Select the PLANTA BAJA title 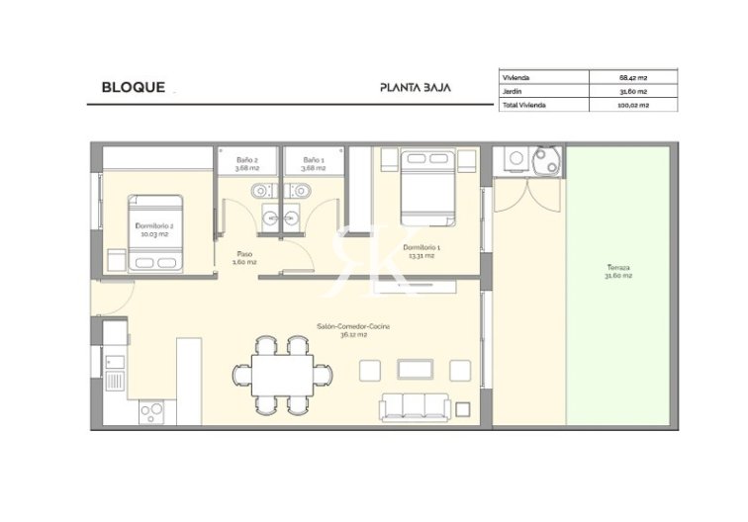416,87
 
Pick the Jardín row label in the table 515,90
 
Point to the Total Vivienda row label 524,104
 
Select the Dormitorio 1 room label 422,250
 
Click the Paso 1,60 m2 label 243,258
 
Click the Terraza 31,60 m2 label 619,272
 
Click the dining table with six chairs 282,372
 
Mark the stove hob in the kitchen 151,410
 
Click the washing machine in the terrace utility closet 514,161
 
